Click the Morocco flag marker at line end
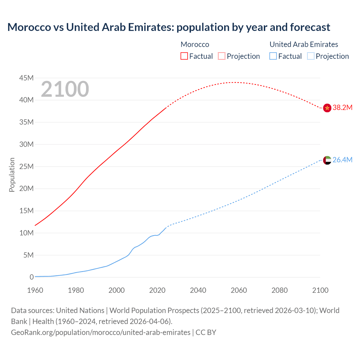point(327,108)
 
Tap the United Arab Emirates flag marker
point(327,160)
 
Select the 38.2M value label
point(342,108)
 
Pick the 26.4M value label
point(342,160)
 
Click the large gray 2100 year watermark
point(65,89)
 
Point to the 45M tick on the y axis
point(26,78)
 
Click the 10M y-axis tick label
point(26,233)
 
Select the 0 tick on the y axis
point(31,277)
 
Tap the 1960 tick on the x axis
point(35,290)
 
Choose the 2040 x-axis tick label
point(198,290)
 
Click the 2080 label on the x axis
point(280,290)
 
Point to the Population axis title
point(12,175)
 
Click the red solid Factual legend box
point(184,56)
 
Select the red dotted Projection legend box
point(222,56)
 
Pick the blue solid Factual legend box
point(273,56)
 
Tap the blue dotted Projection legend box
point(310,56)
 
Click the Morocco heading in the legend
point(195,44)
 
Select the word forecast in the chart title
point(310,27)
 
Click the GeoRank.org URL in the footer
point(101,332)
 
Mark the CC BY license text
point(206,332)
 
